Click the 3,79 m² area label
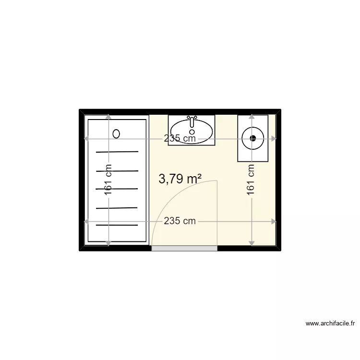tap(180, 179)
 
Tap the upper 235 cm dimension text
tap(180, 139)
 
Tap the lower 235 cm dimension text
tap(180, 221)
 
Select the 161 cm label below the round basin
tap(251, 180)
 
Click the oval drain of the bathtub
tap(116, 134)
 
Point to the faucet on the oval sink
tap(192, 120)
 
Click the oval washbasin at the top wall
tap(192, 130)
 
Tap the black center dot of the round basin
tap(253, 139)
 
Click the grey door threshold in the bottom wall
tap(184, 248)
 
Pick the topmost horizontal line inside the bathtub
tap(117, 152)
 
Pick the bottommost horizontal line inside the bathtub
tap(117, 225)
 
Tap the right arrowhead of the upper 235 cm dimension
tap(274, 139)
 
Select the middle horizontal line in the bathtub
tap(117, 189)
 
